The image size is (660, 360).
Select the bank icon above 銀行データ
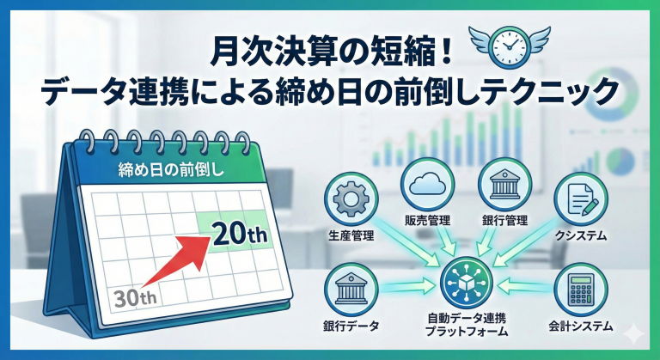click(351, 290)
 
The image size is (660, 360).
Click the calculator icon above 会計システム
click(581, 290)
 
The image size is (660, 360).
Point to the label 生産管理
click(351, 235)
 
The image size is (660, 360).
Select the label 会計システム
click(581, 326)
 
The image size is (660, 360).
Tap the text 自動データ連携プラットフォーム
click(467, 324)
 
